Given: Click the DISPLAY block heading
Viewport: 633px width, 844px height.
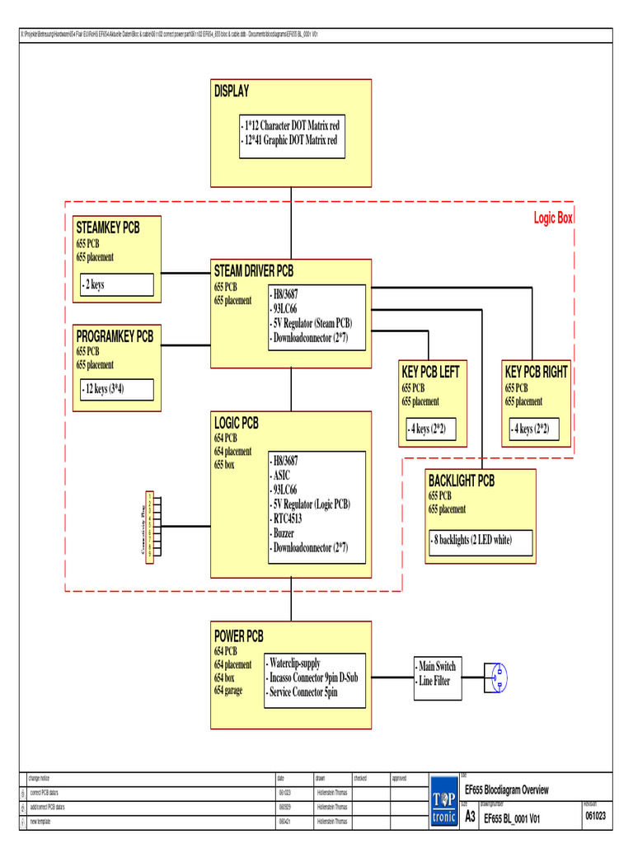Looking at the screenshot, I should [x=232, y=91].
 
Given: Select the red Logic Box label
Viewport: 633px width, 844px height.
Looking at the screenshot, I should [x=553, y=218].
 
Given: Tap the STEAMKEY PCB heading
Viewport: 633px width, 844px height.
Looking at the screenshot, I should [x=108, y=227].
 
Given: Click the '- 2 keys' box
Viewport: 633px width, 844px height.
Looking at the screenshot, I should [x=117, y=285].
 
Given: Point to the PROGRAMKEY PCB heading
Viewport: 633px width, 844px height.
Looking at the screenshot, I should [x=115, y=336].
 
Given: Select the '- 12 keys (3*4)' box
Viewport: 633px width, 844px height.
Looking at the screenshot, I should [x=117, y=389].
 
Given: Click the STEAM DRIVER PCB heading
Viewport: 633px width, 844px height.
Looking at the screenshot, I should [x=254, y=271].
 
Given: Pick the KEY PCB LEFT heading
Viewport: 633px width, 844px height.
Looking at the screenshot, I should [x=430, y=373].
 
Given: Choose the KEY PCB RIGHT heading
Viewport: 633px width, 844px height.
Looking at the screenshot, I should [x=537, y=373].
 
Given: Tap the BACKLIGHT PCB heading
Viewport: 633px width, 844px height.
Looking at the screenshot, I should [x=462, y=481].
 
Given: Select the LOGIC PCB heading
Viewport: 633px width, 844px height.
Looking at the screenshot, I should [x=237, y=423].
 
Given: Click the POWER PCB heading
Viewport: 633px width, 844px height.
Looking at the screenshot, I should [x=239, y=636].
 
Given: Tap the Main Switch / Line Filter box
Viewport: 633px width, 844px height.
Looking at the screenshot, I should [x=436, y=673].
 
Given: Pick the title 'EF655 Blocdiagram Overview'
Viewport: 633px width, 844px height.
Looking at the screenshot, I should [x=507, y=790].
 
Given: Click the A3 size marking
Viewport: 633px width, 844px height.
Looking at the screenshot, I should [x=470, y=816].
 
